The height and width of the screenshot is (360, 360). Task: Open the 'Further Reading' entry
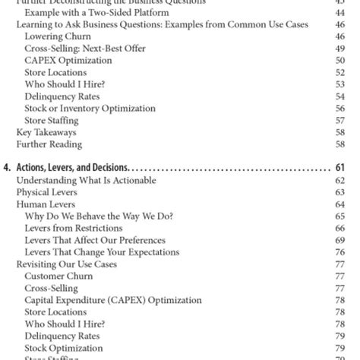(x=50, y=144)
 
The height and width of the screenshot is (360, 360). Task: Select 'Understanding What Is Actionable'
(x=87, y=180)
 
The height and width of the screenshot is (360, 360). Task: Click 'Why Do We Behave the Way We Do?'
(x=99, y=216)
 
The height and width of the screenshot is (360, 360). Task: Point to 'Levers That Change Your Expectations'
(x=102, y=252)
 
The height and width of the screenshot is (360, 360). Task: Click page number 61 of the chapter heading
(x=339, y=168)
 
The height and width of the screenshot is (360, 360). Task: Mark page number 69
(x=339, y=240)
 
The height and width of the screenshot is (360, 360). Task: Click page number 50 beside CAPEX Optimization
(x=339, y=60)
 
